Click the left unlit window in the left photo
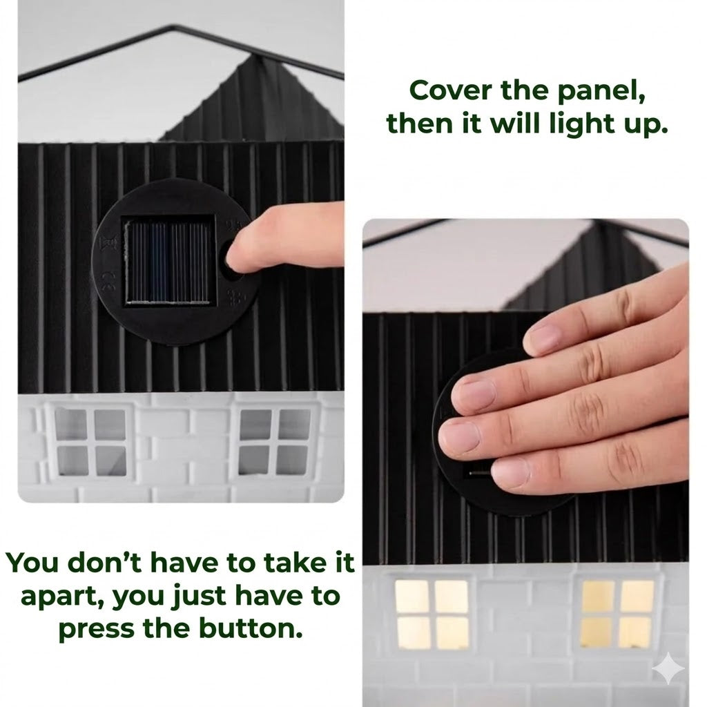(x=90, y=442)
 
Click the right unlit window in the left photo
(x=273, y=442)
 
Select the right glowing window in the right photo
(x=617, y=613)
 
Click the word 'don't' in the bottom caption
(x=99, y=563)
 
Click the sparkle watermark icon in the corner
(x=668, y=668)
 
